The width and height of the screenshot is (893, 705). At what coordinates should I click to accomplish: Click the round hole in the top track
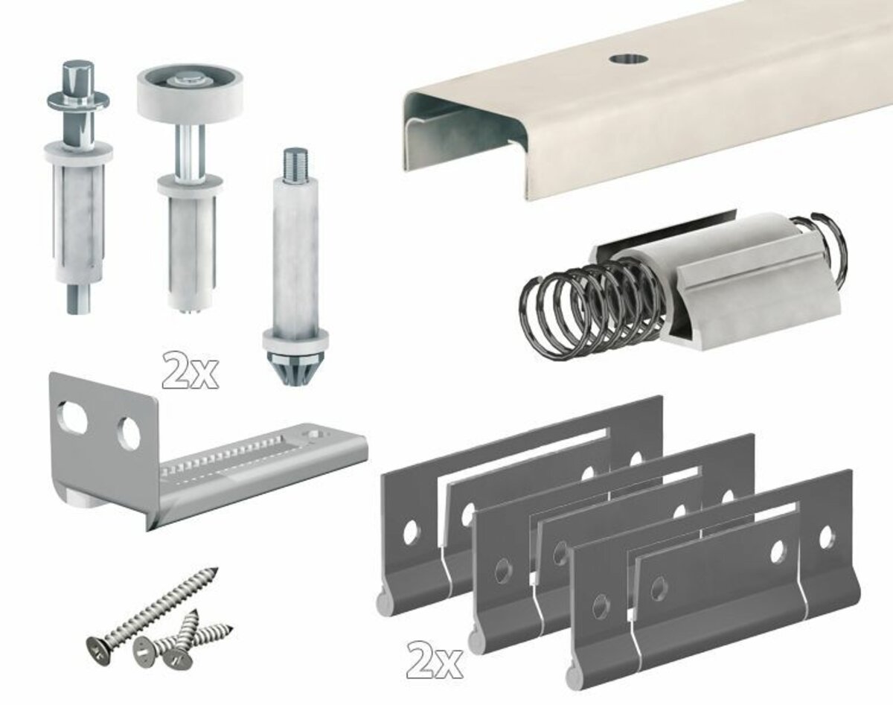pos(629,59)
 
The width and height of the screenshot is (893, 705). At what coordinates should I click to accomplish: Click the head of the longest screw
pos(97,648)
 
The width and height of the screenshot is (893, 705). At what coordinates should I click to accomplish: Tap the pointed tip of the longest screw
pos(214,570)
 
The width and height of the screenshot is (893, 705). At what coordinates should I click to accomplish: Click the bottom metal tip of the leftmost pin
pos(79,299)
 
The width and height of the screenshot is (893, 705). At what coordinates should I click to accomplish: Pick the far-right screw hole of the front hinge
pos(826,536)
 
